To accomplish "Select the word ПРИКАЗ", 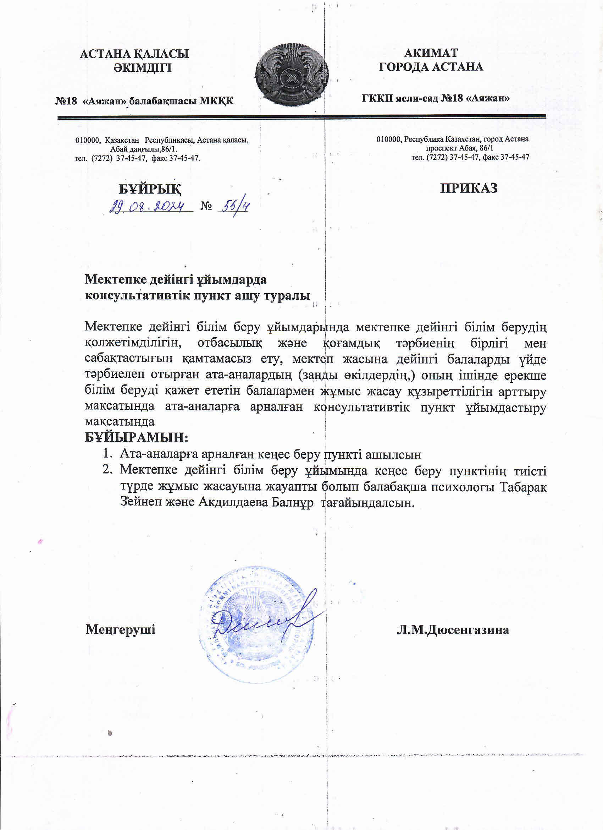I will pyautogui.click(x=469, y=188).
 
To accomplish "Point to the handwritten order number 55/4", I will pyautogui.click(x=234, y=207).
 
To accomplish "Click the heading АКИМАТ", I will pyautogui.click(x=431, y=53).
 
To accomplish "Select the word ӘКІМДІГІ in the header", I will pyautogui.click(x=143, y=68).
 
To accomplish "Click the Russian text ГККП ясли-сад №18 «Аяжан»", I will pyautogui.click(x=436, y=98).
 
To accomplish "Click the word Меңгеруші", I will pyautogui.click(x=121, y=629).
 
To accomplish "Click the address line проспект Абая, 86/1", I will pyautogui.click(x=459, y=148).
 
